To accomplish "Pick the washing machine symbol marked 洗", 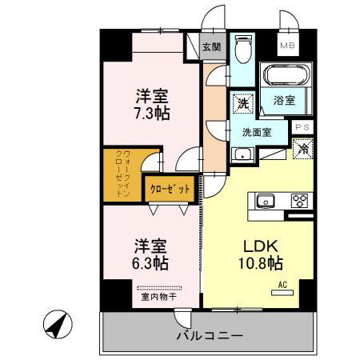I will click(x=242, y=102).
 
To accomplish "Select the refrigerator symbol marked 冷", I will click(x=302, y=148).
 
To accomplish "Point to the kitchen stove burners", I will click(x=300, y=201).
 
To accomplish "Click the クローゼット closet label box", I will click(x=170, y=190).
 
